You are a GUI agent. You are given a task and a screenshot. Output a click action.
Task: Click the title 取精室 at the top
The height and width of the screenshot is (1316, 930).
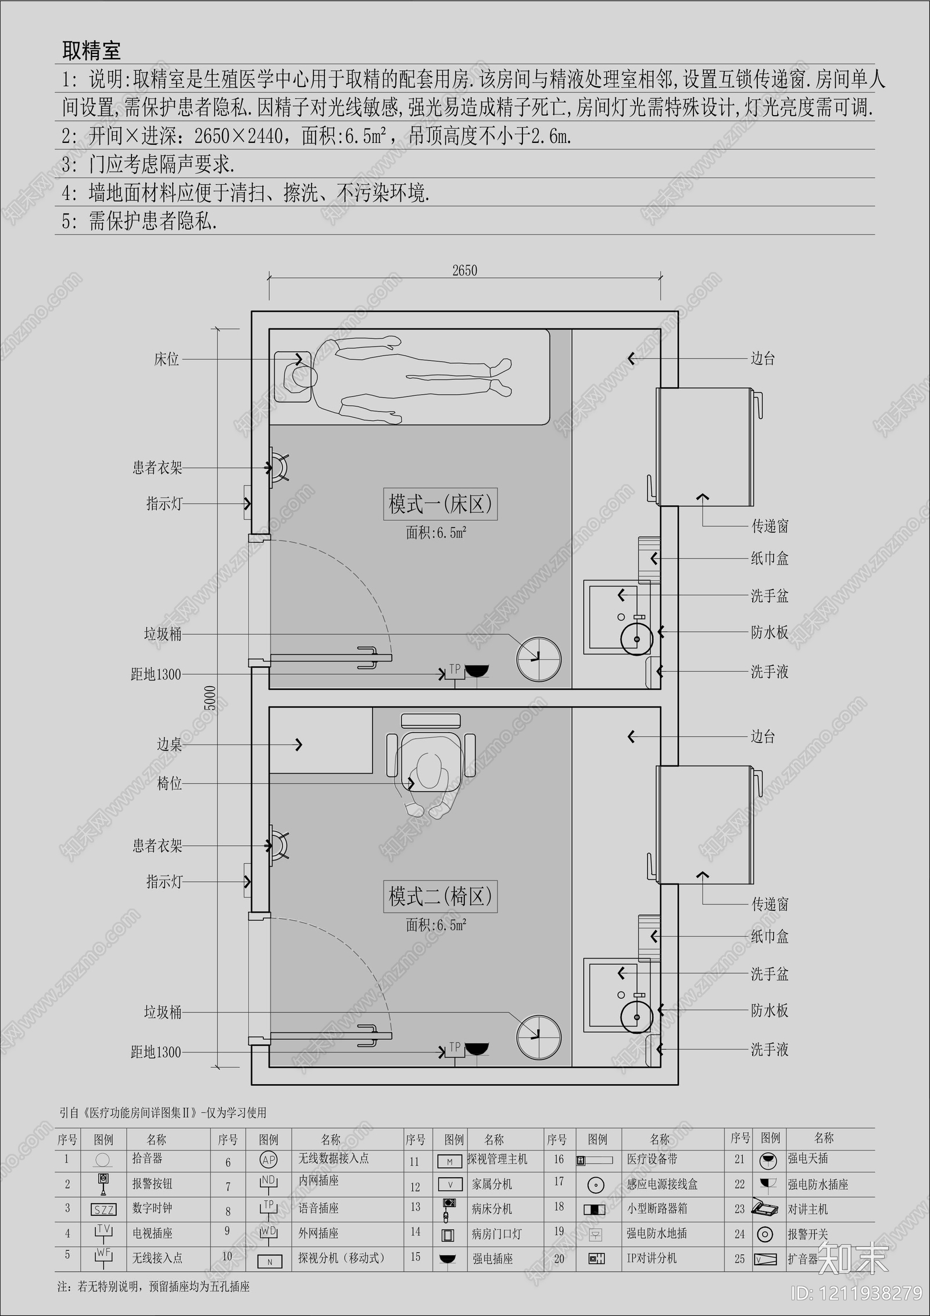click(91, 51)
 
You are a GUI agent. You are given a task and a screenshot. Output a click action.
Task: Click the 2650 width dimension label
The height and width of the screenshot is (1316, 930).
click(464, 270)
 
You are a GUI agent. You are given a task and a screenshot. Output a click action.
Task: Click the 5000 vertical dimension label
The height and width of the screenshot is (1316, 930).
click(210, 698)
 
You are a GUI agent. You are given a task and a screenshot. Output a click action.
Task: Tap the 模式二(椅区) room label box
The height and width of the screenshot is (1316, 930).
click(440, 896)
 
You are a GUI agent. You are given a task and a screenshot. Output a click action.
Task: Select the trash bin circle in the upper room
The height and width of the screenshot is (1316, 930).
click(539, 659)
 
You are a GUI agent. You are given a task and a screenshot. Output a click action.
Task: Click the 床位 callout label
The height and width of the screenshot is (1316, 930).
click(166, 359)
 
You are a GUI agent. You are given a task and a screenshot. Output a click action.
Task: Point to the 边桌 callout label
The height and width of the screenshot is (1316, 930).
click(169, 745)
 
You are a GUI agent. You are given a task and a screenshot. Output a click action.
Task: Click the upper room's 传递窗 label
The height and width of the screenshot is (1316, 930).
click(770, 527)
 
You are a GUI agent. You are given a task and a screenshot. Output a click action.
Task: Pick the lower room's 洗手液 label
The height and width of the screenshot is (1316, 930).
click(769, 1050)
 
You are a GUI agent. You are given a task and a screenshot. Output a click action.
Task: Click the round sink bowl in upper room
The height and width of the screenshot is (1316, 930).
click(637, 639)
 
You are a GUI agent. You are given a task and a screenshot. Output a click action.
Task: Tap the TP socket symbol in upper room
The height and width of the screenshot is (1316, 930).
click(455, 671)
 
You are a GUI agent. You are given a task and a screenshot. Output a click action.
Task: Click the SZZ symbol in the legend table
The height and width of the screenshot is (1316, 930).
click(103, 1210)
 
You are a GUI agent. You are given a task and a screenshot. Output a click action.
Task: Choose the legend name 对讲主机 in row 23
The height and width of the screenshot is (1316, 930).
click(807, 1210)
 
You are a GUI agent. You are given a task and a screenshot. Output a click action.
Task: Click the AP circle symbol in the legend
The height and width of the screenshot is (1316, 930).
click(269, 1160)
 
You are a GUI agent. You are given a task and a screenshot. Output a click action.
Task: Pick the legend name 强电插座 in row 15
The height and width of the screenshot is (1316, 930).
click(492, 1259)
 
